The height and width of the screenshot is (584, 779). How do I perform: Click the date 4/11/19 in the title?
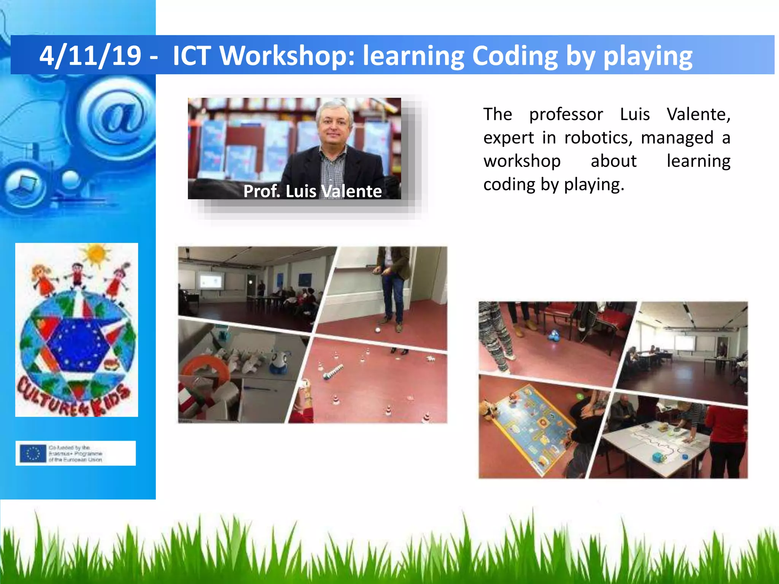click(91, 56)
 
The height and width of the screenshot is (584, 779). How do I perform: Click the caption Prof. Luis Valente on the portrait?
click(312, 191)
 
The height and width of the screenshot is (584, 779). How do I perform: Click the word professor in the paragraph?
click(566, 114)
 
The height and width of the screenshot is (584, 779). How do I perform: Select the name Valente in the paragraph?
click(698, 114)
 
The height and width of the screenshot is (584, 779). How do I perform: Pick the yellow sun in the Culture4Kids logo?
click(96, 254)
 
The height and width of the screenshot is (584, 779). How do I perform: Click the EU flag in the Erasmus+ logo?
click(33, 453)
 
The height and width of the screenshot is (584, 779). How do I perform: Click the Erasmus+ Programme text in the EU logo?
click(75, 454)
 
